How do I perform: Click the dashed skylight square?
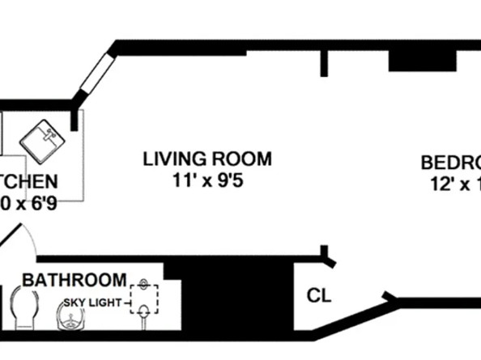[143, 297]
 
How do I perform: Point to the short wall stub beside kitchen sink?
[75, 120]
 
